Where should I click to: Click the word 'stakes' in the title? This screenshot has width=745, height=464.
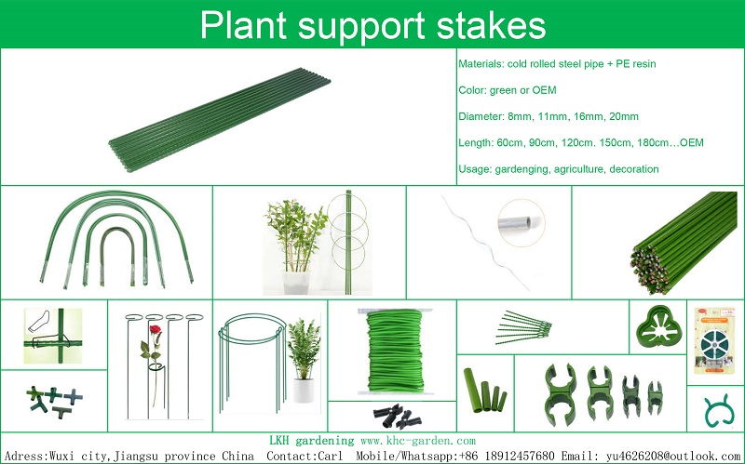click(x=492, y=25)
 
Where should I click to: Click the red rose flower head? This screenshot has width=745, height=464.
click(x=155, y=330)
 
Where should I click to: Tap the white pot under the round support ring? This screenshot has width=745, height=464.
click(x=304, y=390)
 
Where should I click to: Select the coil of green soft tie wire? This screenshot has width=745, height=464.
click(x=395, y=351)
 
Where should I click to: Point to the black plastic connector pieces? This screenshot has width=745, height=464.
click(x=397, y=417)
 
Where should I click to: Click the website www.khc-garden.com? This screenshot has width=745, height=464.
click(x=418, y=441)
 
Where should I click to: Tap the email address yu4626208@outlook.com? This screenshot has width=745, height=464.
click(x=673, y=457)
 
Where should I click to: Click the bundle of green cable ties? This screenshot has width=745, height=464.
click(x=523, y=327)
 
